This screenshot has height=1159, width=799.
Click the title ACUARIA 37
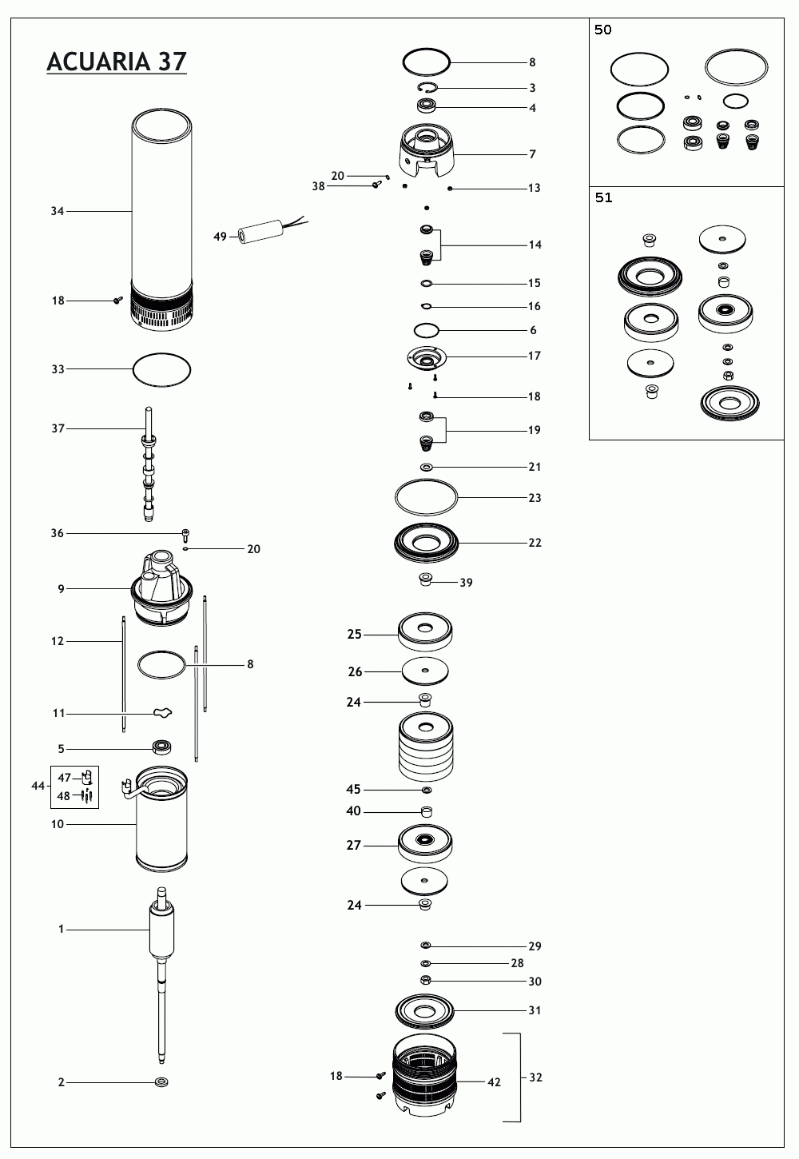coord(117,62)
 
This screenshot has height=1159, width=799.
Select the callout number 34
coord(58,211)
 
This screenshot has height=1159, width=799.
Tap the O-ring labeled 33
coord(161,369)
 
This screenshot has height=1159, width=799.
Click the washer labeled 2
coord(161,1082)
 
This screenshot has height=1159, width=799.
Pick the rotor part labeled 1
coord(162,931)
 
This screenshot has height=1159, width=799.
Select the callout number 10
coord(58,824)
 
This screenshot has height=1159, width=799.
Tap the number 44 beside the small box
coord(38,786)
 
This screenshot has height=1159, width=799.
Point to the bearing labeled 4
coord(427,106)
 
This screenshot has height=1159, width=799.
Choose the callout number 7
coord(533,154)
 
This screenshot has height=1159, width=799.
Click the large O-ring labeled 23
coord(426,497)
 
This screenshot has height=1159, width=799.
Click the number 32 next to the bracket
coord(535,1077)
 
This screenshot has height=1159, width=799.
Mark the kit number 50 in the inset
coord(603,30)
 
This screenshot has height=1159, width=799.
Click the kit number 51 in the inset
coord(603,198)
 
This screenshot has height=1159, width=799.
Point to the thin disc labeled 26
coord(425,671)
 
